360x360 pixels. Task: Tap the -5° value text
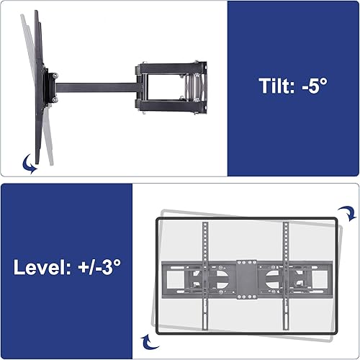pyautogui.click(x=315, y=86)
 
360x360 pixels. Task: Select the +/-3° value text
pyautogui.click(x=99, y=266)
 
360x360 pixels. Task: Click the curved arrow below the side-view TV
pyautogui.click(x=30, y=163)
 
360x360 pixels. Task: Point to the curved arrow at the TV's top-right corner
pyautogui.click(x=347, y=213)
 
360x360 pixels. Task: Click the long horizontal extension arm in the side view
pyautogui.click(x=96, y=87)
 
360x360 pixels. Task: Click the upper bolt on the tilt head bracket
pyautogui.click(x=55, y=76)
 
